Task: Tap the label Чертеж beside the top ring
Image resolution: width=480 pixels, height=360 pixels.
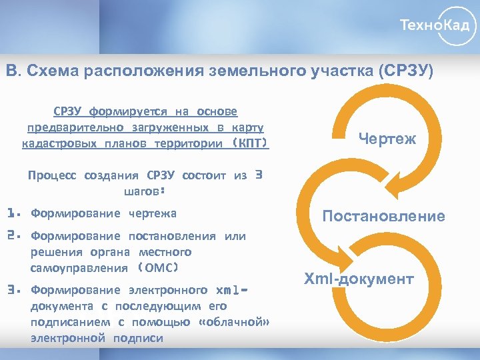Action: [x=387, y=139]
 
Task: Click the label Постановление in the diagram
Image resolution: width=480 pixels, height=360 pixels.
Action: [x=383, y=216]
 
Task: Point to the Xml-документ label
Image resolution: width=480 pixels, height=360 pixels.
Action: [x=359, y=279]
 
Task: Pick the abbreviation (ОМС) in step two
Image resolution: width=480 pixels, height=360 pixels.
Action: [x=159, y=268]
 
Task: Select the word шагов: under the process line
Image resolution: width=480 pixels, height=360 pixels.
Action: [x=145, y=191]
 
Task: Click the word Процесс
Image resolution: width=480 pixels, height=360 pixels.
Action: [x=52, y=176]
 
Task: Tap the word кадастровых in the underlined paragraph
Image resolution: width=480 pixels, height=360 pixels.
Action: [x=56, y=144]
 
